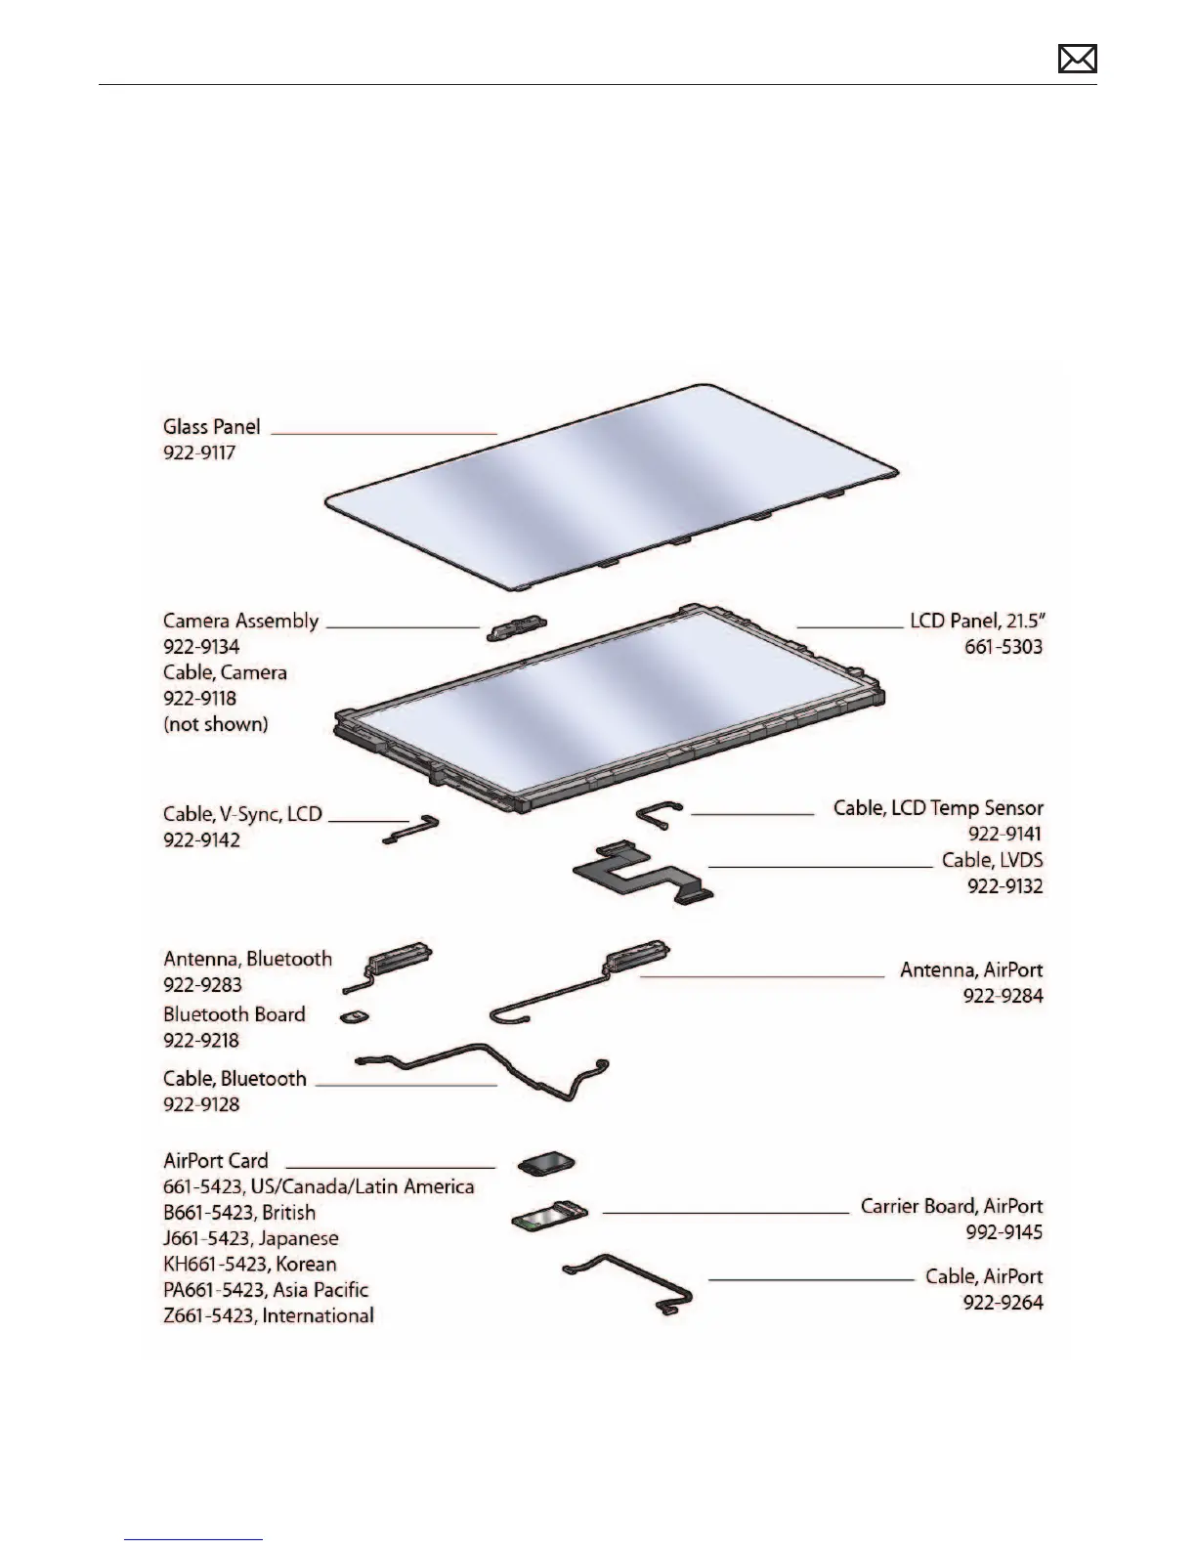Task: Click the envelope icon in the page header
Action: (x=1077, y=60)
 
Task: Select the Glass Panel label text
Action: (x=211, y=427)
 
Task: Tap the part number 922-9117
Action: (x=199, y=453)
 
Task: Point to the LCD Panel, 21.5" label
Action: (x=977, y=622)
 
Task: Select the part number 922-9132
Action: (x=1005, y=886)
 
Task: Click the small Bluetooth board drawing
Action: (x=354, y=1017)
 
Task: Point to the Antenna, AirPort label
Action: (x=971, y=970)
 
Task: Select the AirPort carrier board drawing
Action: (x=549, y=1215)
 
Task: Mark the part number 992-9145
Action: (x=1004, y=1232)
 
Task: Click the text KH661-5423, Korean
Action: (x=250, y=1265)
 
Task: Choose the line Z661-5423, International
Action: (x=269, y=1316)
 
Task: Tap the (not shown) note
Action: (x=215, y=724)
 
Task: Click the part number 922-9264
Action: (x=1005, y=1303)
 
